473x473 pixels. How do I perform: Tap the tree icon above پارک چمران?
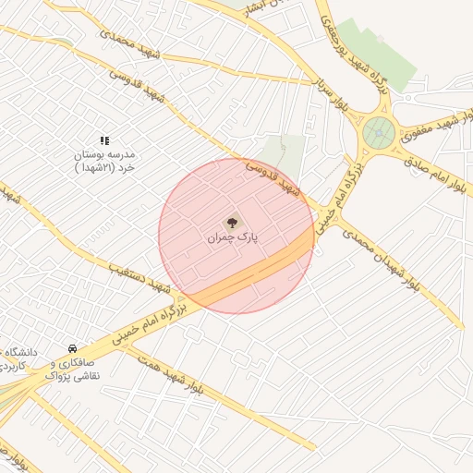[x=232, y=222]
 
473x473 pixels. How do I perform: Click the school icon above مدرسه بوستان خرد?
[x=103, y=139]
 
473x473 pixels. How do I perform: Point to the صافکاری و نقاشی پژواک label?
[x=72, y=370]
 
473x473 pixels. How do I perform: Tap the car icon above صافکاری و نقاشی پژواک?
[x=72, y=348]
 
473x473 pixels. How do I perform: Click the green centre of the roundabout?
[x=378, y=134]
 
